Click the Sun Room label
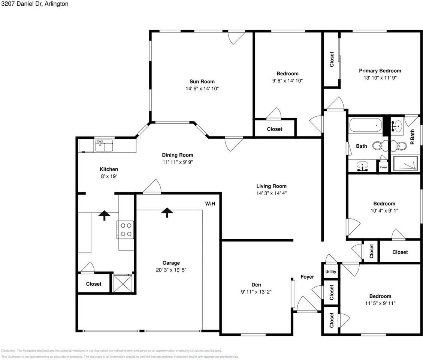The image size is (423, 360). pyautogui.click(x=202, y=81)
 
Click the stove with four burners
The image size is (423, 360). pyautogui.click(x=126, y=229)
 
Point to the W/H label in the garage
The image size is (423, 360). pyautogui.click(x=210, y=204)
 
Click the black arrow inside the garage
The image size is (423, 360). pyautogui.click(x=167, y=213)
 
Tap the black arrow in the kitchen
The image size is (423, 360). pyautogui.click(x=104, y=214)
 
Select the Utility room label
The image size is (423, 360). pyautogui.click(x=330, y=272)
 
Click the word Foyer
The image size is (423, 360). pyautogui.click(x=307, y=277)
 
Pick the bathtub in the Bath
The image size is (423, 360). pyautogui.click(x=365, y=125)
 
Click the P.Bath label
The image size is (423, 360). pyautogui.click(x=412, y=137)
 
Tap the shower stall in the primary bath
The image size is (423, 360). pyautogui.click(x=405, y=164)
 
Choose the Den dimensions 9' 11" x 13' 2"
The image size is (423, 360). pyautogui.click(x=256, y=292)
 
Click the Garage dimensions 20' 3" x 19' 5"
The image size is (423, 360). pyautogui.click(x=171, y=270)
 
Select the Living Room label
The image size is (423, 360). pyautogui.click(x=271, y=186)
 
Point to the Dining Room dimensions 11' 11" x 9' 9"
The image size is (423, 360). pyautogui.click(x=178, y=162)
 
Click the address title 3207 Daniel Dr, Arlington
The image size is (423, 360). pyautogui.click(x=34, y=4)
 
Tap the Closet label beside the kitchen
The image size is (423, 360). pyautogui.click(x=94, y=284)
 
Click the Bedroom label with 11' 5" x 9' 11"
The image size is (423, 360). pyautogui.click(x=380, y=296)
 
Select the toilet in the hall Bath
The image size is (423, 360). pyautogui.click(x=383, y=144)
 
